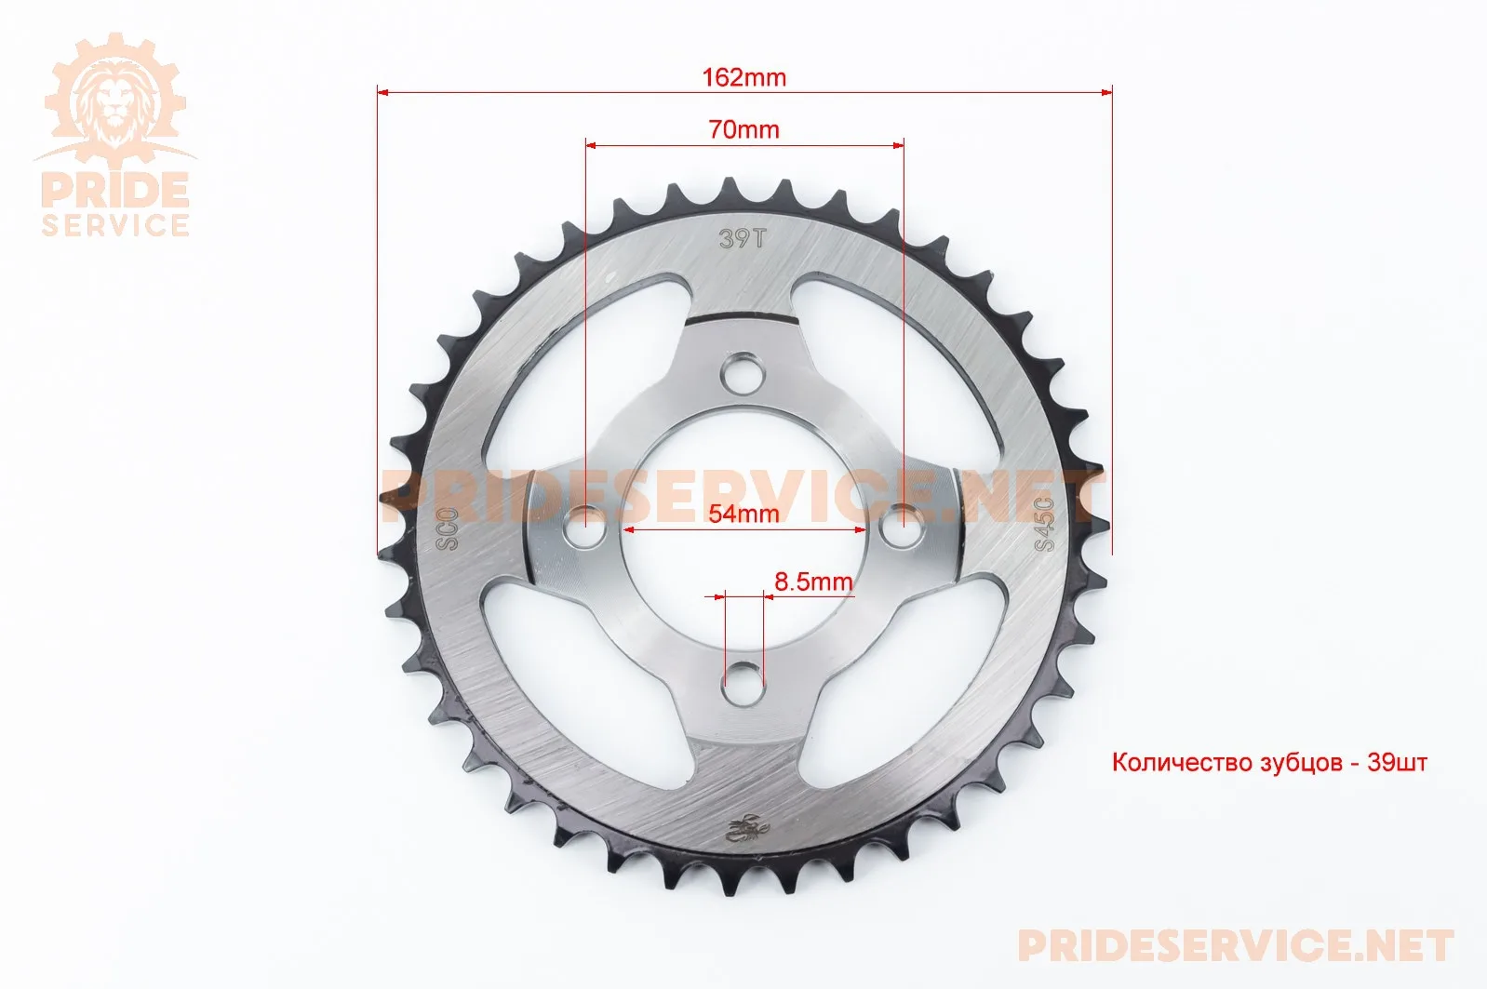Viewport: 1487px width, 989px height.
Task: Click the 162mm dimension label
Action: pyautogui.click(x=743, y=77)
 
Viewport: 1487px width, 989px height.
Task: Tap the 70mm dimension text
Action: pyautogui.click(x=743, y=129)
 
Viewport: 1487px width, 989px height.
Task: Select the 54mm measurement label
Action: pyautogui.click(x=743, y=513)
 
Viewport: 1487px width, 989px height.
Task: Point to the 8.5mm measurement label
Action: pyautogui.click(x=813, y=582)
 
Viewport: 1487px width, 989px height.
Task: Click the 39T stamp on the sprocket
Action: pyautogui.click(x=743, y=238)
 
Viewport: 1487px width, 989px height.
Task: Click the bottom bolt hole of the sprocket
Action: pyautogui.click(x=743, y=682)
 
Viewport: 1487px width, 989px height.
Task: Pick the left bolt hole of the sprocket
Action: pyautogui.click(x=585, y=527)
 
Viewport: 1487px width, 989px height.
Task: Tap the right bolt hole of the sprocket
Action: pyautogui.click(x=901, y=526)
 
